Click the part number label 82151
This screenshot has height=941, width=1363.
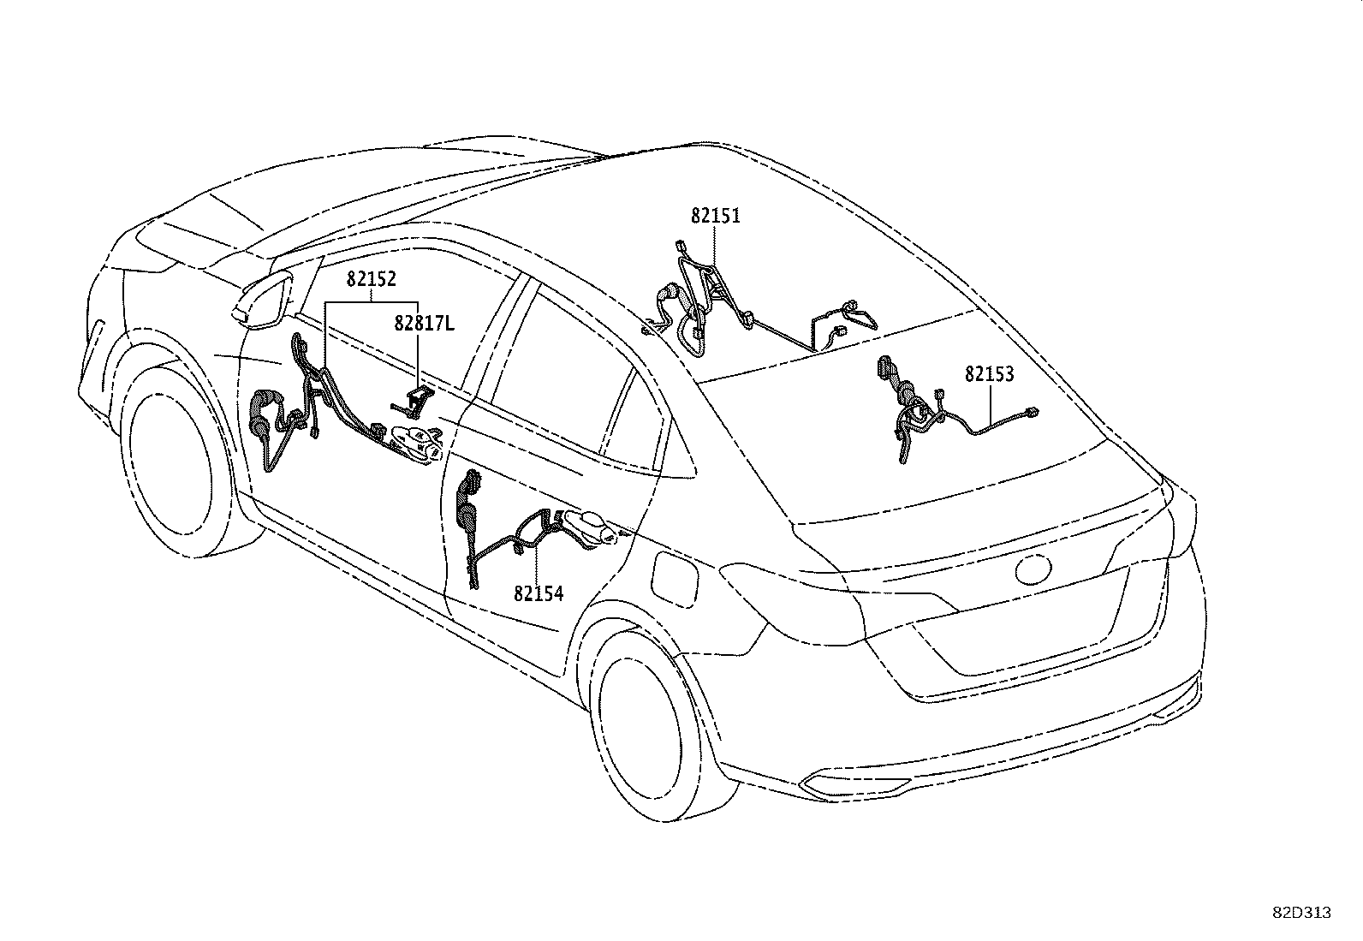tap(715, 216)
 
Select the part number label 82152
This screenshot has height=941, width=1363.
tap(371, 278)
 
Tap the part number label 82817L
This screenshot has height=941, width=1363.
tap(425, 324)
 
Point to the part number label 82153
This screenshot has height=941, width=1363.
tap(989, 374)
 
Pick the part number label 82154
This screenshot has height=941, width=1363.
tap(539, 593)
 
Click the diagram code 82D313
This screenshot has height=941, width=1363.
tap(1301, 913)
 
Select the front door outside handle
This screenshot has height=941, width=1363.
tap(416, 441)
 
